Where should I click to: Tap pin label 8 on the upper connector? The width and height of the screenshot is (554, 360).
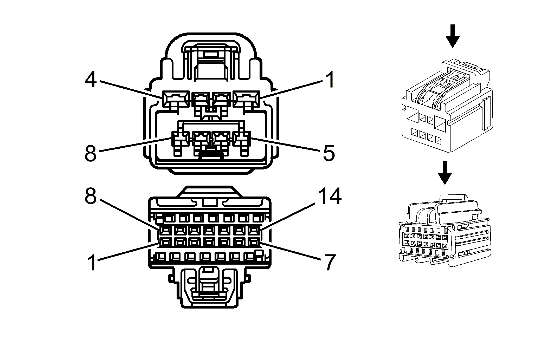91,153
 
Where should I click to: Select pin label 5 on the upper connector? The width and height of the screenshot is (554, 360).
329,153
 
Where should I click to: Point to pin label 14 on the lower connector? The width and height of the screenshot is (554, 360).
330,197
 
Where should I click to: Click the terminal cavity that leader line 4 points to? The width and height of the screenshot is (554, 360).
175,99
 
